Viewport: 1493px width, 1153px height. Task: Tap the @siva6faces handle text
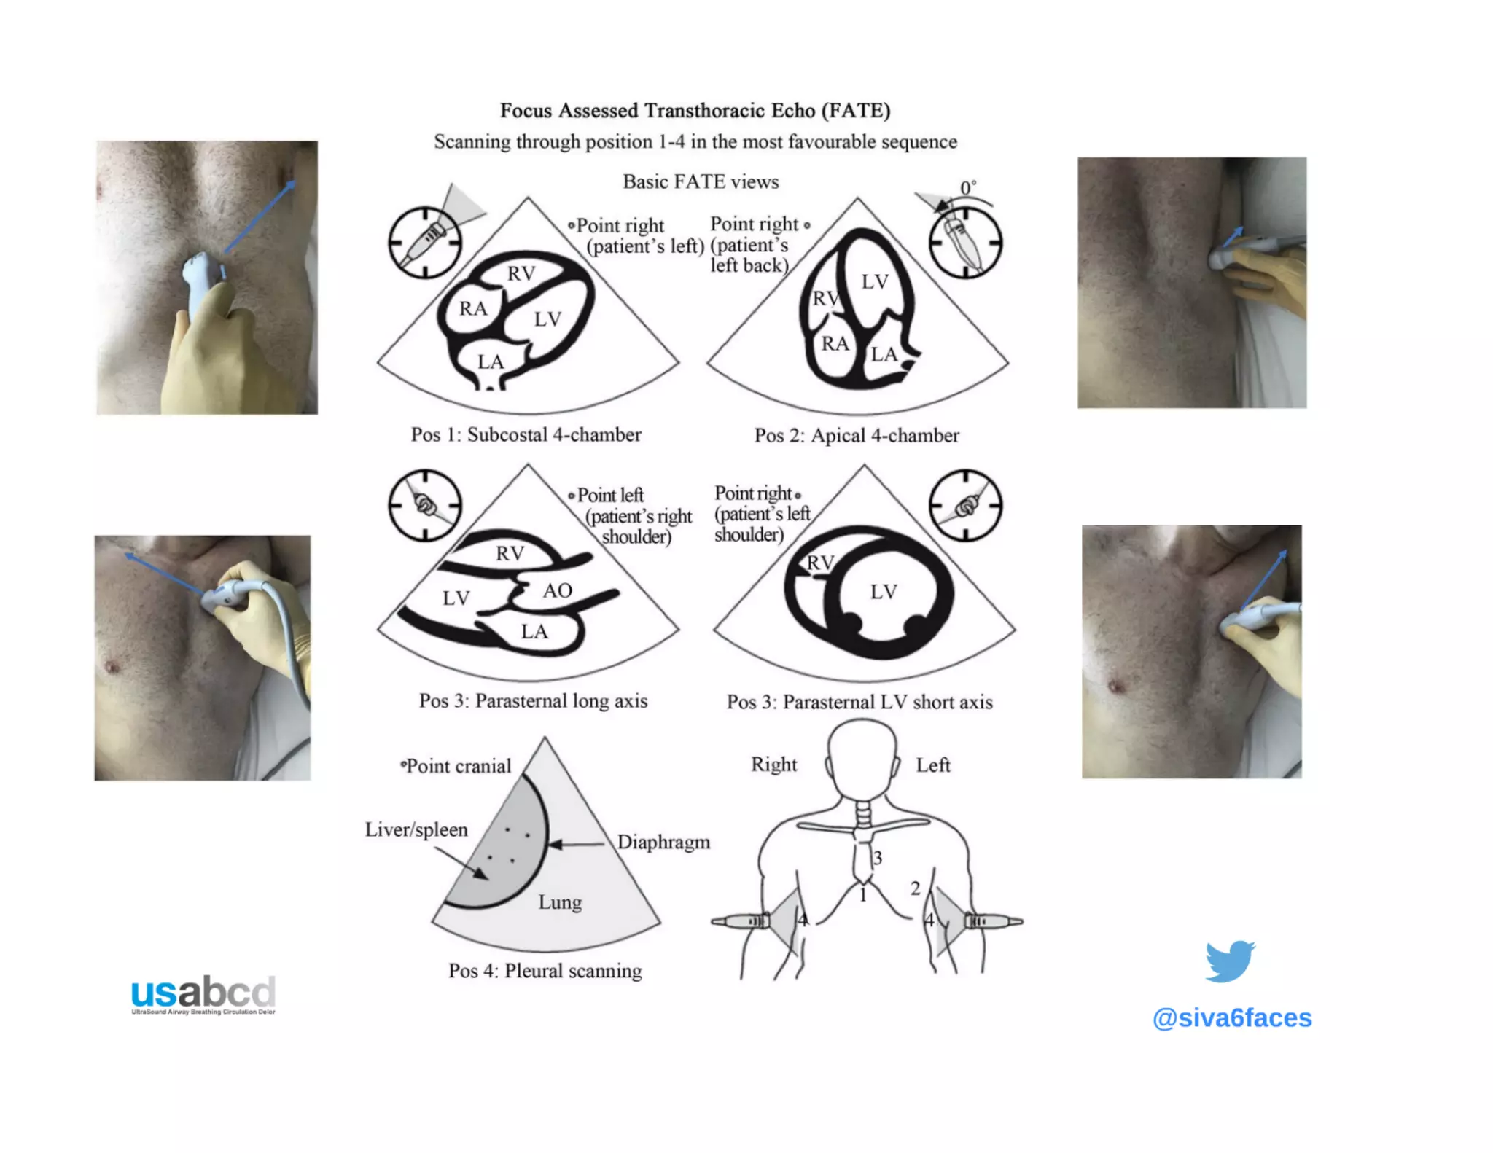point(1231,1017)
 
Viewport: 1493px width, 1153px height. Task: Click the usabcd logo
point(203,994)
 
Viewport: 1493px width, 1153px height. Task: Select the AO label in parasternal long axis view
point(557,590)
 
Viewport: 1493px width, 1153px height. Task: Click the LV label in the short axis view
point(883,592)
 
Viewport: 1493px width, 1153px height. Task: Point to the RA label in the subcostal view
point(472,309)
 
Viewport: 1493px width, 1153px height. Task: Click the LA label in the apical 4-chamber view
point(884,355)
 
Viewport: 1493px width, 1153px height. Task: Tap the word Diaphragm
point(663,843)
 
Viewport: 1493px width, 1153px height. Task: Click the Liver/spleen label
point(416,830)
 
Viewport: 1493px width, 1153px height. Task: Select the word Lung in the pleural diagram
point(560,902)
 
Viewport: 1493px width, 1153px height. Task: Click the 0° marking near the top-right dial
point(967,188)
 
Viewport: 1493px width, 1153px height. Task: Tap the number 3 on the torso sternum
point(878,858)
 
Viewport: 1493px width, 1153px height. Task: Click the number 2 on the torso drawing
point(915,888)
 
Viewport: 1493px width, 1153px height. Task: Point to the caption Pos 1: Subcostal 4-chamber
point(526,435)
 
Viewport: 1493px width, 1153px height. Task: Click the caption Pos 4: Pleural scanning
point(545,971)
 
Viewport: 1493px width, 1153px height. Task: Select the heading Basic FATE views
point(701,181)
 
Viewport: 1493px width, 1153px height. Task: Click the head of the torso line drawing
point(862,758)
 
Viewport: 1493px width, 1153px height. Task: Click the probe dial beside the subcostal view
point(425,242)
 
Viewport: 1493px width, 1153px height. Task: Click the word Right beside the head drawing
point(773,765)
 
